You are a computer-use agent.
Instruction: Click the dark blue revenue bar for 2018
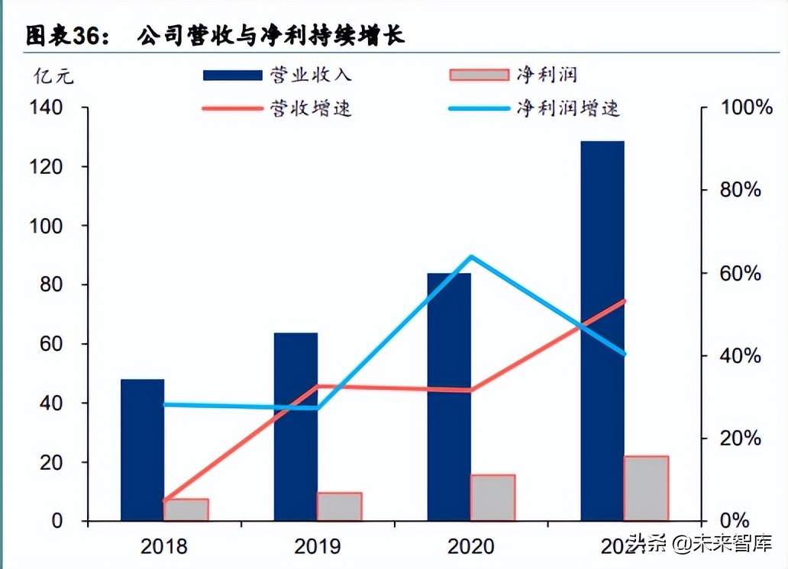pos(142,450)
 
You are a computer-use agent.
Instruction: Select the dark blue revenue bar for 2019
pos(295,427)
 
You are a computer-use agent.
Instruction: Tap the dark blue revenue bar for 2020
pos(449,397)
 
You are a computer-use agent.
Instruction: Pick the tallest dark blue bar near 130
pos(602,328)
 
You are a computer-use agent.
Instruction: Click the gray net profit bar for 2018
pos(186,510)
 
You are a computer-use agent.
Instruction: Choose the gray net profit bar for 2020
pos(492,497)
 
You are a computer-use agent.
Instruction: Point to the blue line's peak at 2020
pos(471,257)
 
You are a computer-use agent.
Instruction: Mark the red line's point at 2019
pos(318,387)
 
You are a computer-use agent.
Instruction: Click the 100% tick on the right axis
pos(747,108)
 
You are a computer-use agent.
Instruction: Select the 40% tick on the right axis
pos(741,355)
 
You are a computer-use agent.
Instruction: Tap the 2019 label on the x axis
pos(316,546)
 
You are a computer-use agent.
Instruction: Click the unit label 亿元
pos(53,76)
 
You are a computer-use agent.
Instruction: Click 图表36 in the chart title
pos(69,36)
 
